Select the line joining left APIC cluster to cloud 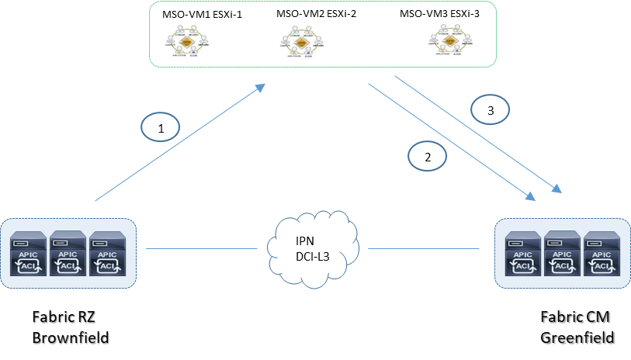click(202, 249)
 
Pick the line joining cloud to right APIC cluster click(423, 249)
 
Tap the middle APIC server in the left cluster click(68, 253)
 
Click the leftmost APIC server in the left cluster click(28, 253)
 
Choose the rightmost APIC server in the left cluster click(108, 253)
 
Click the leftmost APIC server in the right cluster click(523, 254)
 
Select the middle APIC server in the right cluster click(563, 254)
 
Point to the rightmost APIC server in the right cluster click(602, 254)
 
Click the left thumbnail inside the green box click(187, 40)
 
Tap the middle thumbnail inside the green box click(302, 41)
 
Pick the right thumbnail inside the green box click(451, 39)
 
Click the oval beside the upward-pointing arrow click(161, 127)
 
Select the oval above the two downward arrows click(491, 109)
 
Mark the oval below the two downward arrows click(428, 156)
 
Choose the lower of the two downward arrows click(450, 140)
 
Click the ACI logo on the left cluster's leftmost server click(28, 266)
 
